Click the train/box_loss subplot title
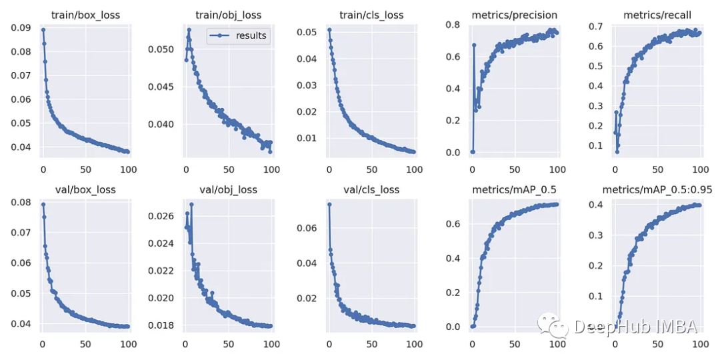[85, 15]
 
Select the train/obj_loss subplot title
[229, 15]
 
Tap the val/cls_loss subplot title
[372, 189]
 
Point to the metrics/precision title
[515, 15]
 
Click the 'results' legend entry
[250, 35]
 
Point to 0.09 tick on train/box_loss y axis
[22, 28]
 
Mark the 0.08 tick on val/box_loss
[22, 202]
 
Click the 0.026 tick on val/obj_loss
[160, 216]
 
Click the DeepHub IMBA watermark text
[635, 326]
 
